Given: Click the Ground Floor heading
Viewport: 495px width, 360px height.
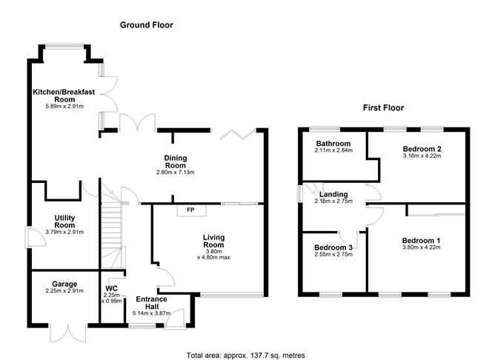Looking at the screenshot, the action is point(147,25).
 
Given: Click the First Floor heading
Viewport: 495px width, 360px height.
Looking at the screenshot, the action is point(383,108).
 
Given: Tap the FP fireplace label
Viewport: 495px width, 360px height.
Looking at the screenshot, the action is point(190,210).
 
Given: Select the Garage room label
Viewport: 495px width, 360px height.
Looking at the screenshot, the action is point(64,284).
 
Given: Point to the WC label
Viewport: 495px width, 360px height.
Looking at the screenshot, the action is point(111,288).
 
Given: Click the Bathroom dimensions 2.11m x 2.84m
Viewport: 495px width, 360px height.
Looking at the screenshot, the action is point(333,150).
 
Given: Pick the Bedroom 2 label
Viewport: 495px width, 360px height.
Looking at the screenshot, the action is point(422,149).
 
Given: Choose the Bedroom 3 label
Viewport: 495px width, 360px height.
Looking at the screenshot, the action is point(333,247).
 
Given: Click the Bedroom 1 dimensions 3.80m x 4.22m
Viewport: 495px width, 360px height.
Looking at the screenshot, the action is point(422,247).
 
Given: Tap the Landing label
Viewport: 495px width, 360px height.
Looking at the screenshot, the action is point(333,194).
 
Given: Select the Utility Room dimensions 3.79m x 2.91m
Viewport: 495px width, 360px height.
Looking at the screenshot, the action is point(64,232).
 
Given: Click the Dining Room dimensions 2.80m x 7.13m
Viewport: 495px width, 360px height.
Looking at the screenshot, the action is point(176,173).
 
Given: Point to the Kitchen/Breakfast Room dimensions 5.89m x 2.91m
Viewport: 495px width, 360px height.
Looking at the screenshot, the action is point(64,107).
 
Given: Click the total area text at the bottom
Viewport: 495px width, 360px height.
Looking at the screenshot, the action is point(245,356).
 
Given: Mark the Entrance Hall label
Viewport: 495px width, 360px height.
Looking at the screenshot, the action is point(151,303).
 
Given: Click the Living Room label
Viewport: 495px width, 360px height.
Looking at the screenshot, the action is point(213,241).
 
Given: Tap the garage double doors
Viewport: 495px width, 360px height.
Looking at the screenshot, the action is point(68,333).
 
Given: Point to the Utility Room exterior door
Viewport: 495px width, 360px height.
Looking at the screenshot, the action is point(36,237).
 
